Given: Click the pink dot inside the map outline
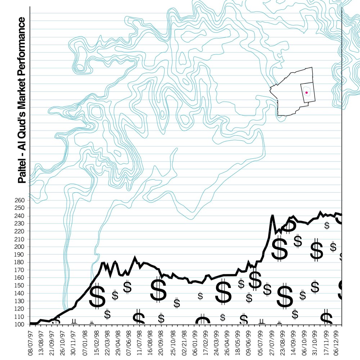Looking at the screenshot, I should (x=306, y=93).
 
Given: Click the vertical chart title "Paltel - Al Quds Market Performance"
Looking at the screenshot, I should (x=22, y=100).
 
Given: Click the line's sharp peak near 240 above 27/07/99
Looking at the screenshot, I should (x=273, y=216).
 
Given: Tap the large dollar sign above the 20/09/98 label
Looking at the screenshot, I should (x=158, y=290).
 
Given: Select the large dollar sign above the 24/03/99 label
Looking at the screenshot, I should (x=223, y=292).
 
